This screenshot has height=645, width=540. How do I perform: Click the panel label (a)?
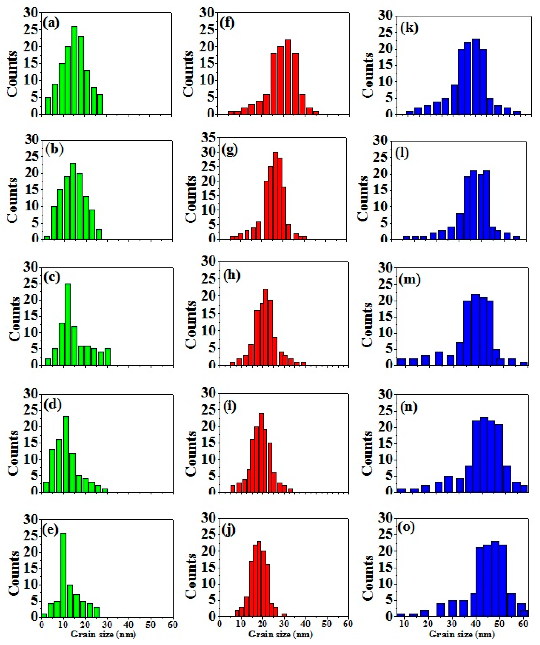51,23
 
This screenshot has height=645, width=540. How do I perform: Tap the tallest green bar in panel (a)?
74,71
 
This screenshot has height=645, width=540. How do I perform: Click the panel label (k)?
409,28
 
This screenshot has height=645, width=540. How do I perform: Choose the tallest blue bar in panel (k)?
476,77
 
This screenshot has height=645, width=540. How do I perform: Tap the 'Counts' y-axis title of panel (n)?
367,453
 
